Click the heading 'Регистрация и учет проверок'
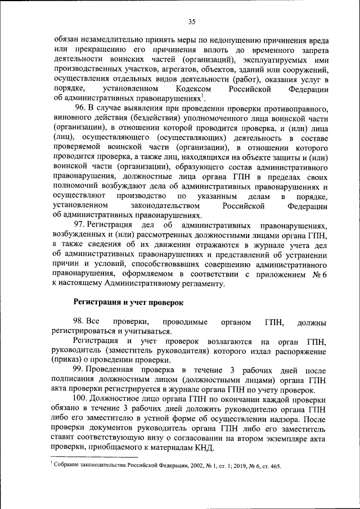coord(129,302)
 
